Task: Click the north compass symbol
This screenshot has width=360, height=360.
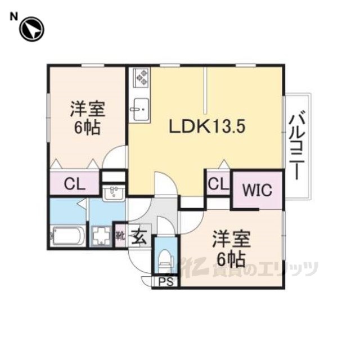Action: (31, 29)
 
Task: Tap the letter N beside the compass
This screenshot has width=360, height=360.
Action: (14, 16)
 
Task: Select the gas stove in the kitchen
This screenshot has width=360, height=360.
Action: (141, 78)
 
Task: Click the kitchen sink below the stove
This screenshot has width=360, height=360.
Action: (141, 109)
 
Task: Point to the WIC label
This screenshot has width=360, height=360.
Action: (257, 190)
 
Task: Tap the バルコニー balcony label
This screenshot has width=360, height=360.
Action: (298, 145)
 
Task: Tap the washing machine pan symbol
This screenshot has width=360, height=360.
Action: (101, 236)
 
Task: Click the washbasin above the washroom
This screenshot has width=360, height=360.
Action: (114, 192)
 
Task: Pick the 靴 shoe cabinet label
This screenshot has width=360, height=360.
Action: (120, 236)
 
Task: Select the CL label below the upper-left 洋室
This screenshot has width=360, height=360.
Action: (75, 184)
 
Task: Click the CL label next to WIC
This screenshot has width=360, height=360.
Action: (218, 184)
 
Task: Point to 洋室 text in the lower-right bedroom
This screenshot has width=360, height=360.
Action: (231, 239)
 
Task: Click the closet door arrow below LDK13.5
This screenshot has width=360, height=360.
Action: (224, 164)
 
